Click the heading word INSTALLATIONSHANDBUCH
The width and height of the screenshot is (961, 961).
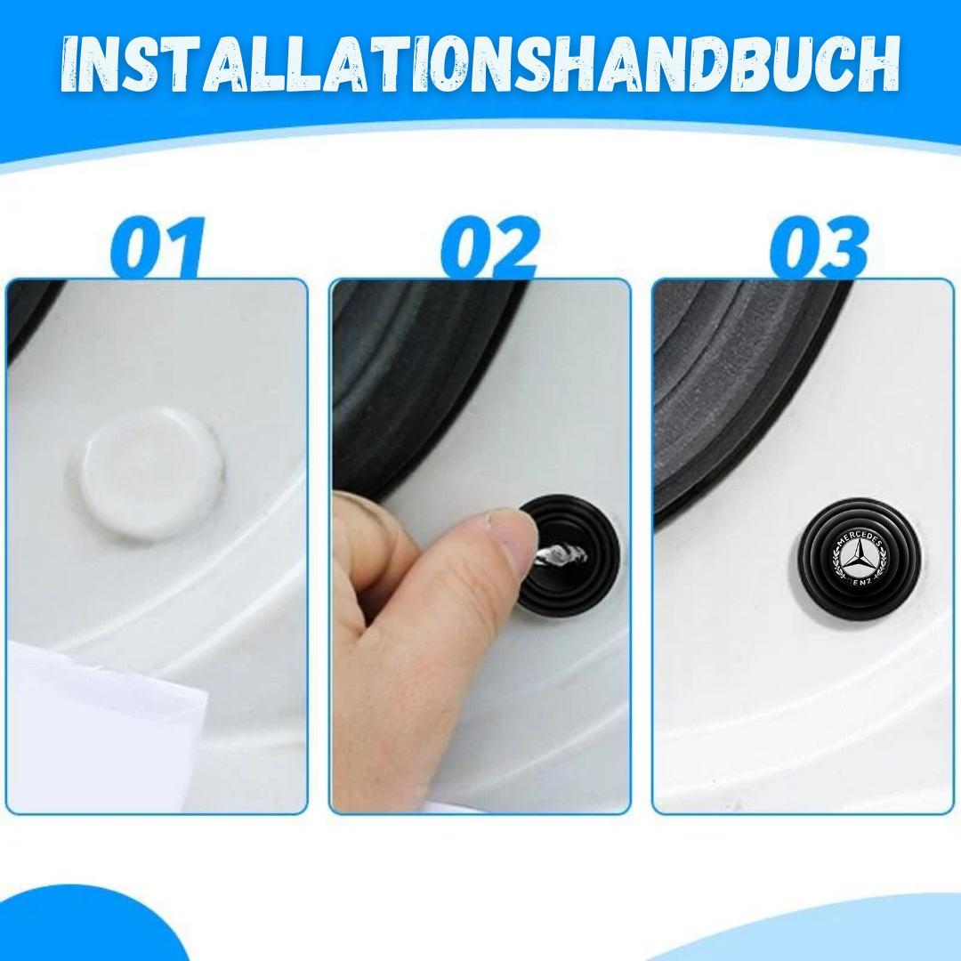[480, 64]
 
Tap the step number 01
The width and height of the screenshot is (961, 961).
[158, 247]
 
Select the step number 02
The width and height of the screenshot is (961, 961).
[490, 247]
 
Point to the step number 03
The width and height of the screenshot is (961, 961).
[820, 247]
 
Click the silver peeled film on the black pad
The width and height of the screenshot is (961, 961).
[561, 554]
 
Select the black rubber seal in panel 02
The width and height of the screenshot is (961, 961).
[416, 380]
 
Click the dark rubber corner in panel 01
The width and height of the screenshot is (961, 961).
[30, 312]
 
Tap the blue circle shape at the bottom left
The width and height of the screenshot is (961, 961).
[92, 925]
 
